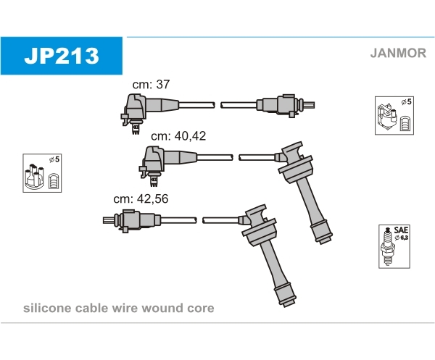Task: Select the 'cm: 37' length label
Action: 151,84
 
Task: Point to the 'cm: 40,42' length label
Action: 178,135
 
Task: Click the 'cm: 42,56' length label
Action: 141,198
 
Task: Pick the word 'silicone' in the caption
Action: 46,308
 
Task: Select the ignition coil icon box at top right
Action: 394,114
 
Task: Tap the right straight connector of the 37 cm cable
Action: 284,105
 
